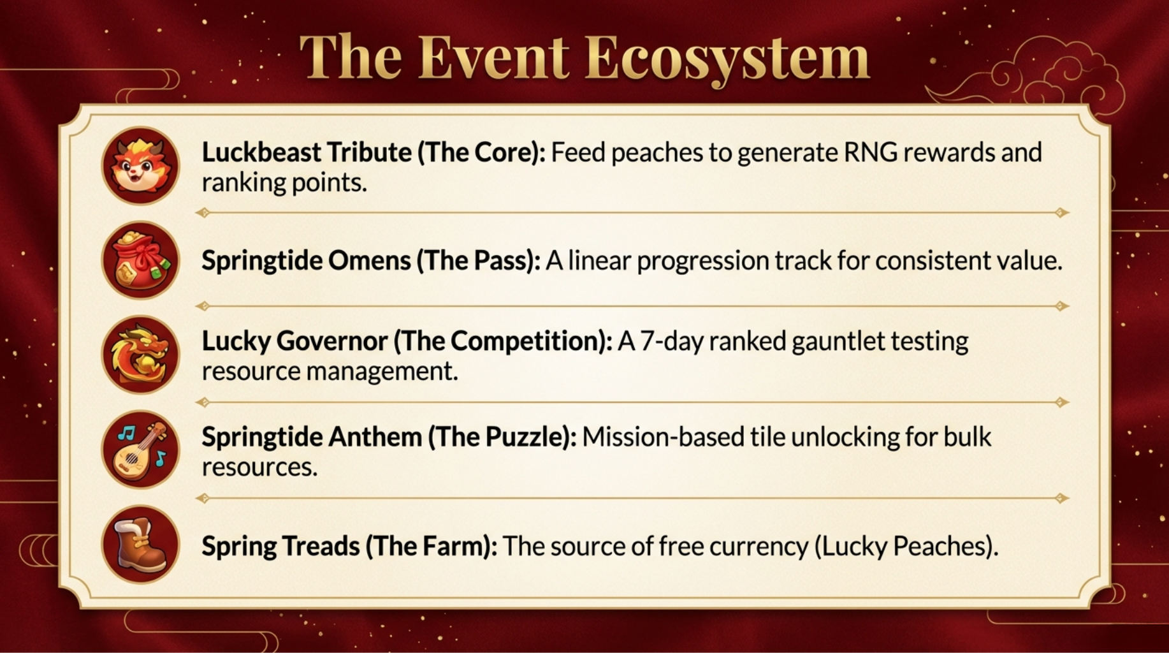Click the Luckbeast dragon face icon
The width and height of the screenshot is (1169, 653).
140,166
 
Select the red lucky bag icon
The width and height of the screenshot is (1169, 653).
140,260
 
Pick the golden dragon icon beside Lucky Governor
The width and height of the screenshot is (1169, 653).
140,355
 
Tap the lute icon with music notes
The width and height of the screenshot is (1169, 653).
140,450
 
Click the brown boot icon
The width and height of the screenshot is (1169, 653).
140,545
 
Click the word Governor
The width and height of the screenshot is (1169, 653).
331,342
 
